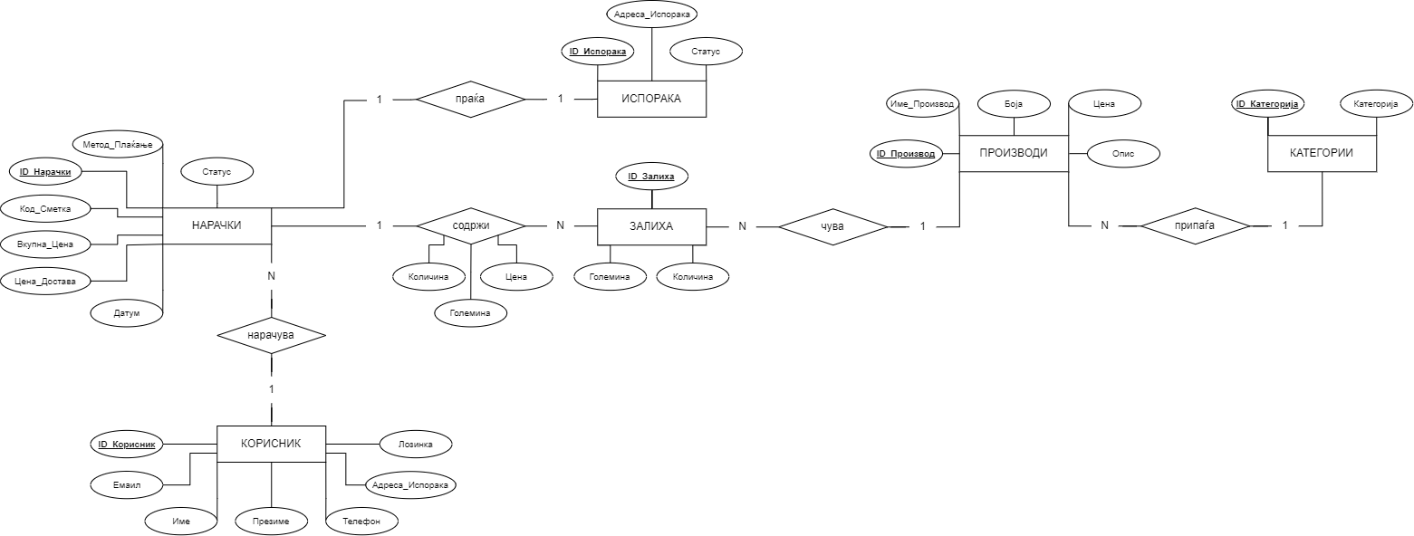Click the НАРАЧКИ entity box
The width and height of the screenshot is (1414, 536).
(x=216, y=225)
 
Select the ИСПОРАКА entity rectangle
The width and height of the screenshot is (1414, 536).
(x=651, y=99)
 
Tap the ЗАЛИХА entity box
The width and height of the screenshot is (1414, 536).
(x=651, y=225)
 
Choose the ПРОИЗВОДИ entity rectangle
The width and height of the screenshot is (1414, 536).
(x=1014, y=153)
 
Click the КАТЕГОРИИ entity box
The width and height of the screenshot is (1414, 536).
(x=1322, y=153)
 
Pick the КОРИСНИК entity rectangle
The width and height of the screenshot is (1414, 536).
(x=271, y=443)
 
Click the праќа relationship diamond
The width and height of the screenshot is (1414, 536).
(x=470, y=99)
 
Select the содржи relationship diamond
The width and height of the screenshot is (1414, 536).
(x=470, y=225)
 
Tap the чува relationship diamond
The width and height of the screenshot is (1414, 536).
(x=832, y=225)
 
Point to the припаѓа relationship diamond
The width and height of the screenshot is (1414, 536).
(x=1195, y=225)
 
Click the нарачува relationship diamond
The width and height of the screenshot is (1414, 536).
(x=271, y=335)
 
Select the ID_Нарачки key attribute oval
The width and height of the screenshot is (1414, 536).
(x=45, y=171)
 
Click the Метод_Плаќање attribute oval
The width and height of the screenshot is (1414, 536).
(x=117, y=143)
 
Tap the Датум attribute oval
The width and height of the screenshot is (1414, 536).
(x=127, y=313)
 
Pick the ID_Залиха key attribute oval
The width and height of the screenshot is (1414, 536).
(x=651, y=176)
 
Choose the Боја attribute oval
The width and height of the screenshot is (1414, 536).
(x=1014, y=104)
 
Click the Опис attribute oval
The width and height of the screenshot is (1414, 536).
(x=1123, y=155)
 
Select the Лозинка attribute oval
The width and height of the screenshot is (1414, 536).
(x=416, y=444)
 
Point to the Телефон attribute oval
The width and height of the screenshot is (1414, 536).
(x=361, y=522)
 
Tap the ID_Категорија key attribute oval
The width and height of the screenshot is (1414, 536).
(x=1267, y=104)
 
